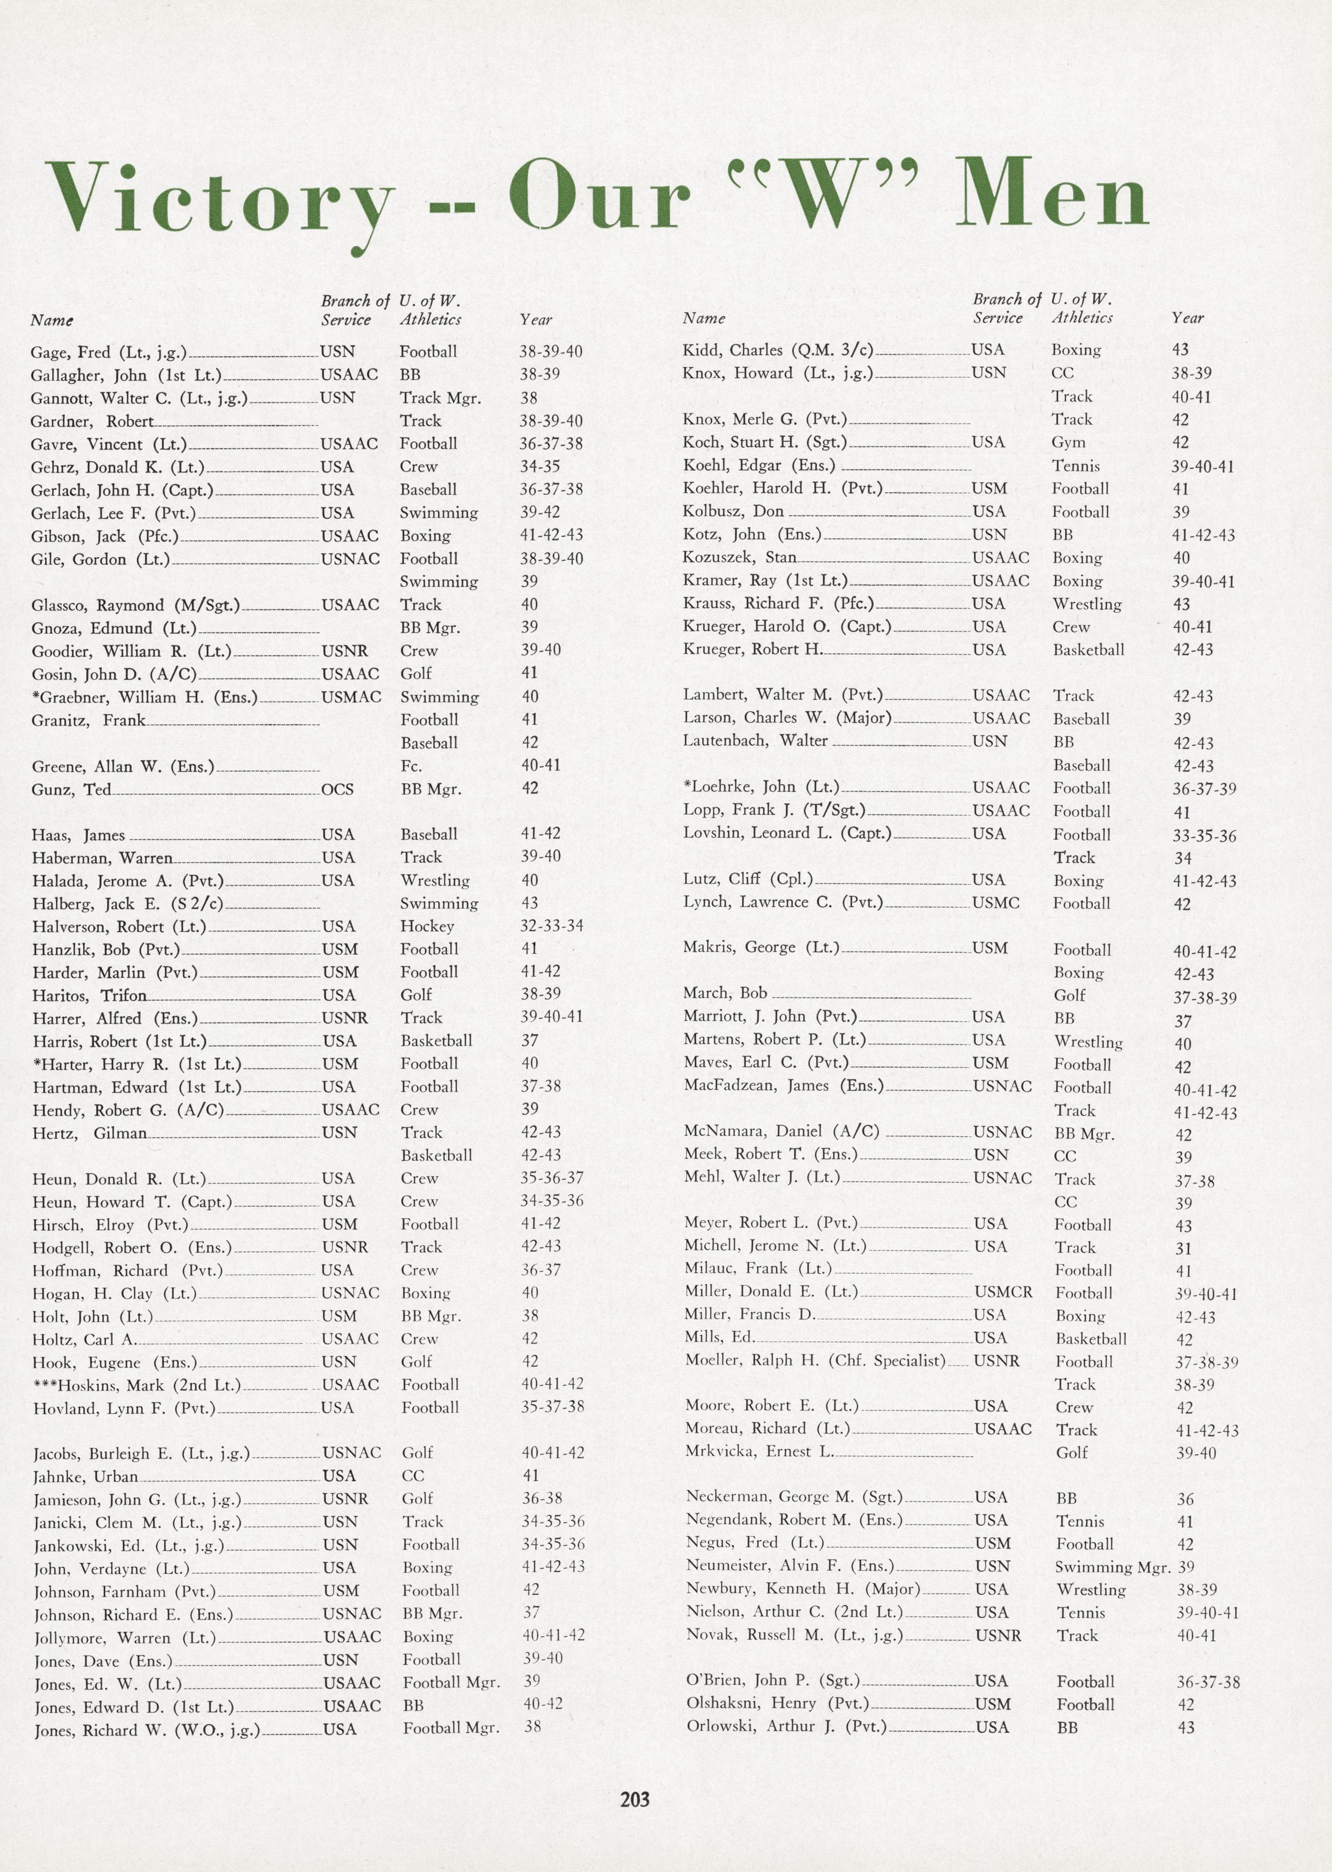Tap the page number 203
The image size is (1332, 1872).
click(634, 1799)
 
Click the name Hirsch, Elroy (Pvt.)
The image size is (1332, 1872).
click(110, 1225)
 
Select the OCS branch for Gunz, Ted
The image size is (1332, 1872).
click(337, 790)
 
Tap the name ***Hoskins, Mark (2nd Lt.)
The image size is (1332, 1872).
click(136, 1384)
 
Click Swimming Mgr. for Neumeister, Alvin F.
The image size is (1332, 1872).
click(1112, 1566)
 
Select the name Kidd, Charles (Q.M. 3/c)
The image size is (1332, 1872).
click(777, 350)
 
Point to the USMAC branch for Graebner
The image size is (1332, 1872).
click(351, 697)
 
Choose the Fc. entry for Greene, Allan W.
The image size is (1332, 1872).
click(411, 766)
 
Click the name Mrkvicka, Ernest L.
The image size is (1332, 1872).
click(759, 1451)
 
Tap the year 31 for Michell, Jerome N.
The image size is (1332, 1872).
click(1183, 1248)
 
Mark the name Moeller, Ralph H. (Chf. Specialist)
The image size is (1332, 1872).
click(815, 1361)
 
